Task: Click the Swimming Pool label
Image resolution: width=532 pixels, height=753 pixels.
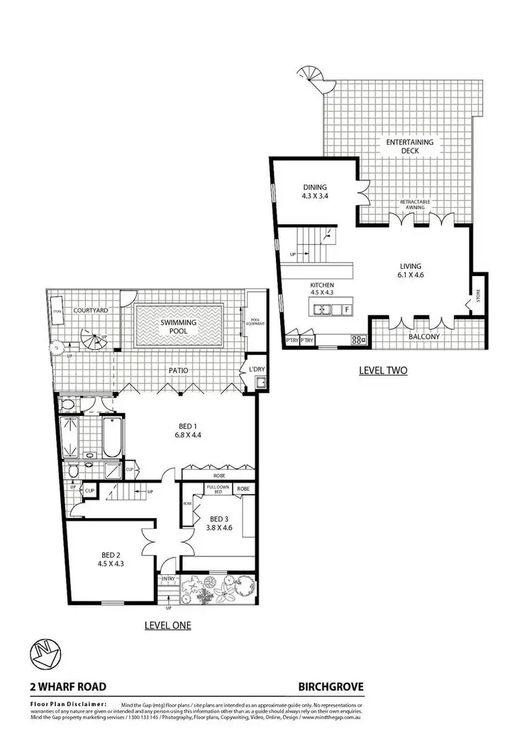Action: tap(178, 326)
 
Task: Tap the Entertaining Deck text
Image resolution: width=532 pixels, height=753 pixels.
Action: tap(409, 146)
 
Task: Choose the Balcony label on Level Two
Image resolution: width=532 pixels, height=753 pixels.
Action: tap(425, 337)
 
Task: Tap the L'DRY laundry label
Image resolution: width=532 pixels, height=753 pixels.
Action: tap(255, 370)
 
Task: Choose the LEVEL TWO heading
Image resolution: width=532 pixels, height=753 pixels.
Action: tap(383, 370)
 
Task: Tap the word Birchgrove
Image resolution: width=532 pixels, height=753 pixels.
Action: tap(331, 686)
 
